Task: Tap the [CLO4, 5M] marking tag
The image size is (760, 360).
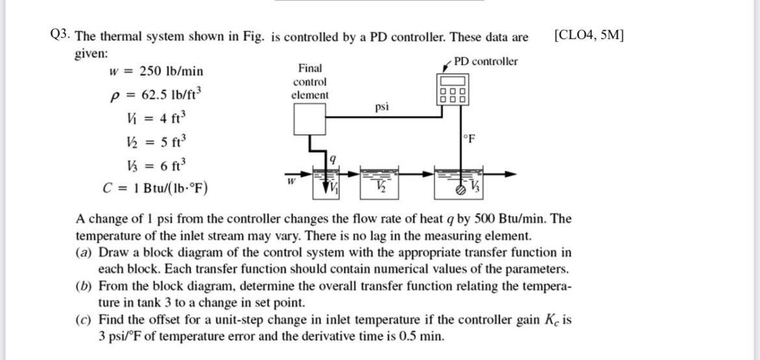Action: [x=588, y=36]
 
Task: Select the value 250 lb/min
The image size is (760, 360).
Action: [x=166, y=71]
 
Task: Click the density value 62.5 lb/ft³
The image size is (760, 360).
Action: [x=167, y=96]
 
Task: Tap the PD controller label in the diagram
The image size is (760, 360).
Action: [x=485, y=61]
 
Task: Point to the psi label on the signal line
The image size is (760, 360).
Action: [x=382, y=106]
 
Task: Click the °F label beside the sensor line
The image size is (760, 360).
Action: [x=469, y=138]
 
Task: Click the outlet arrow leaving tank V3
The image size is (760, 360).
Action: [x=500, y=174]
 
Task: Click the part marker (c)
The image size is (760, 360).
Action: [x=84, y=320]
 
